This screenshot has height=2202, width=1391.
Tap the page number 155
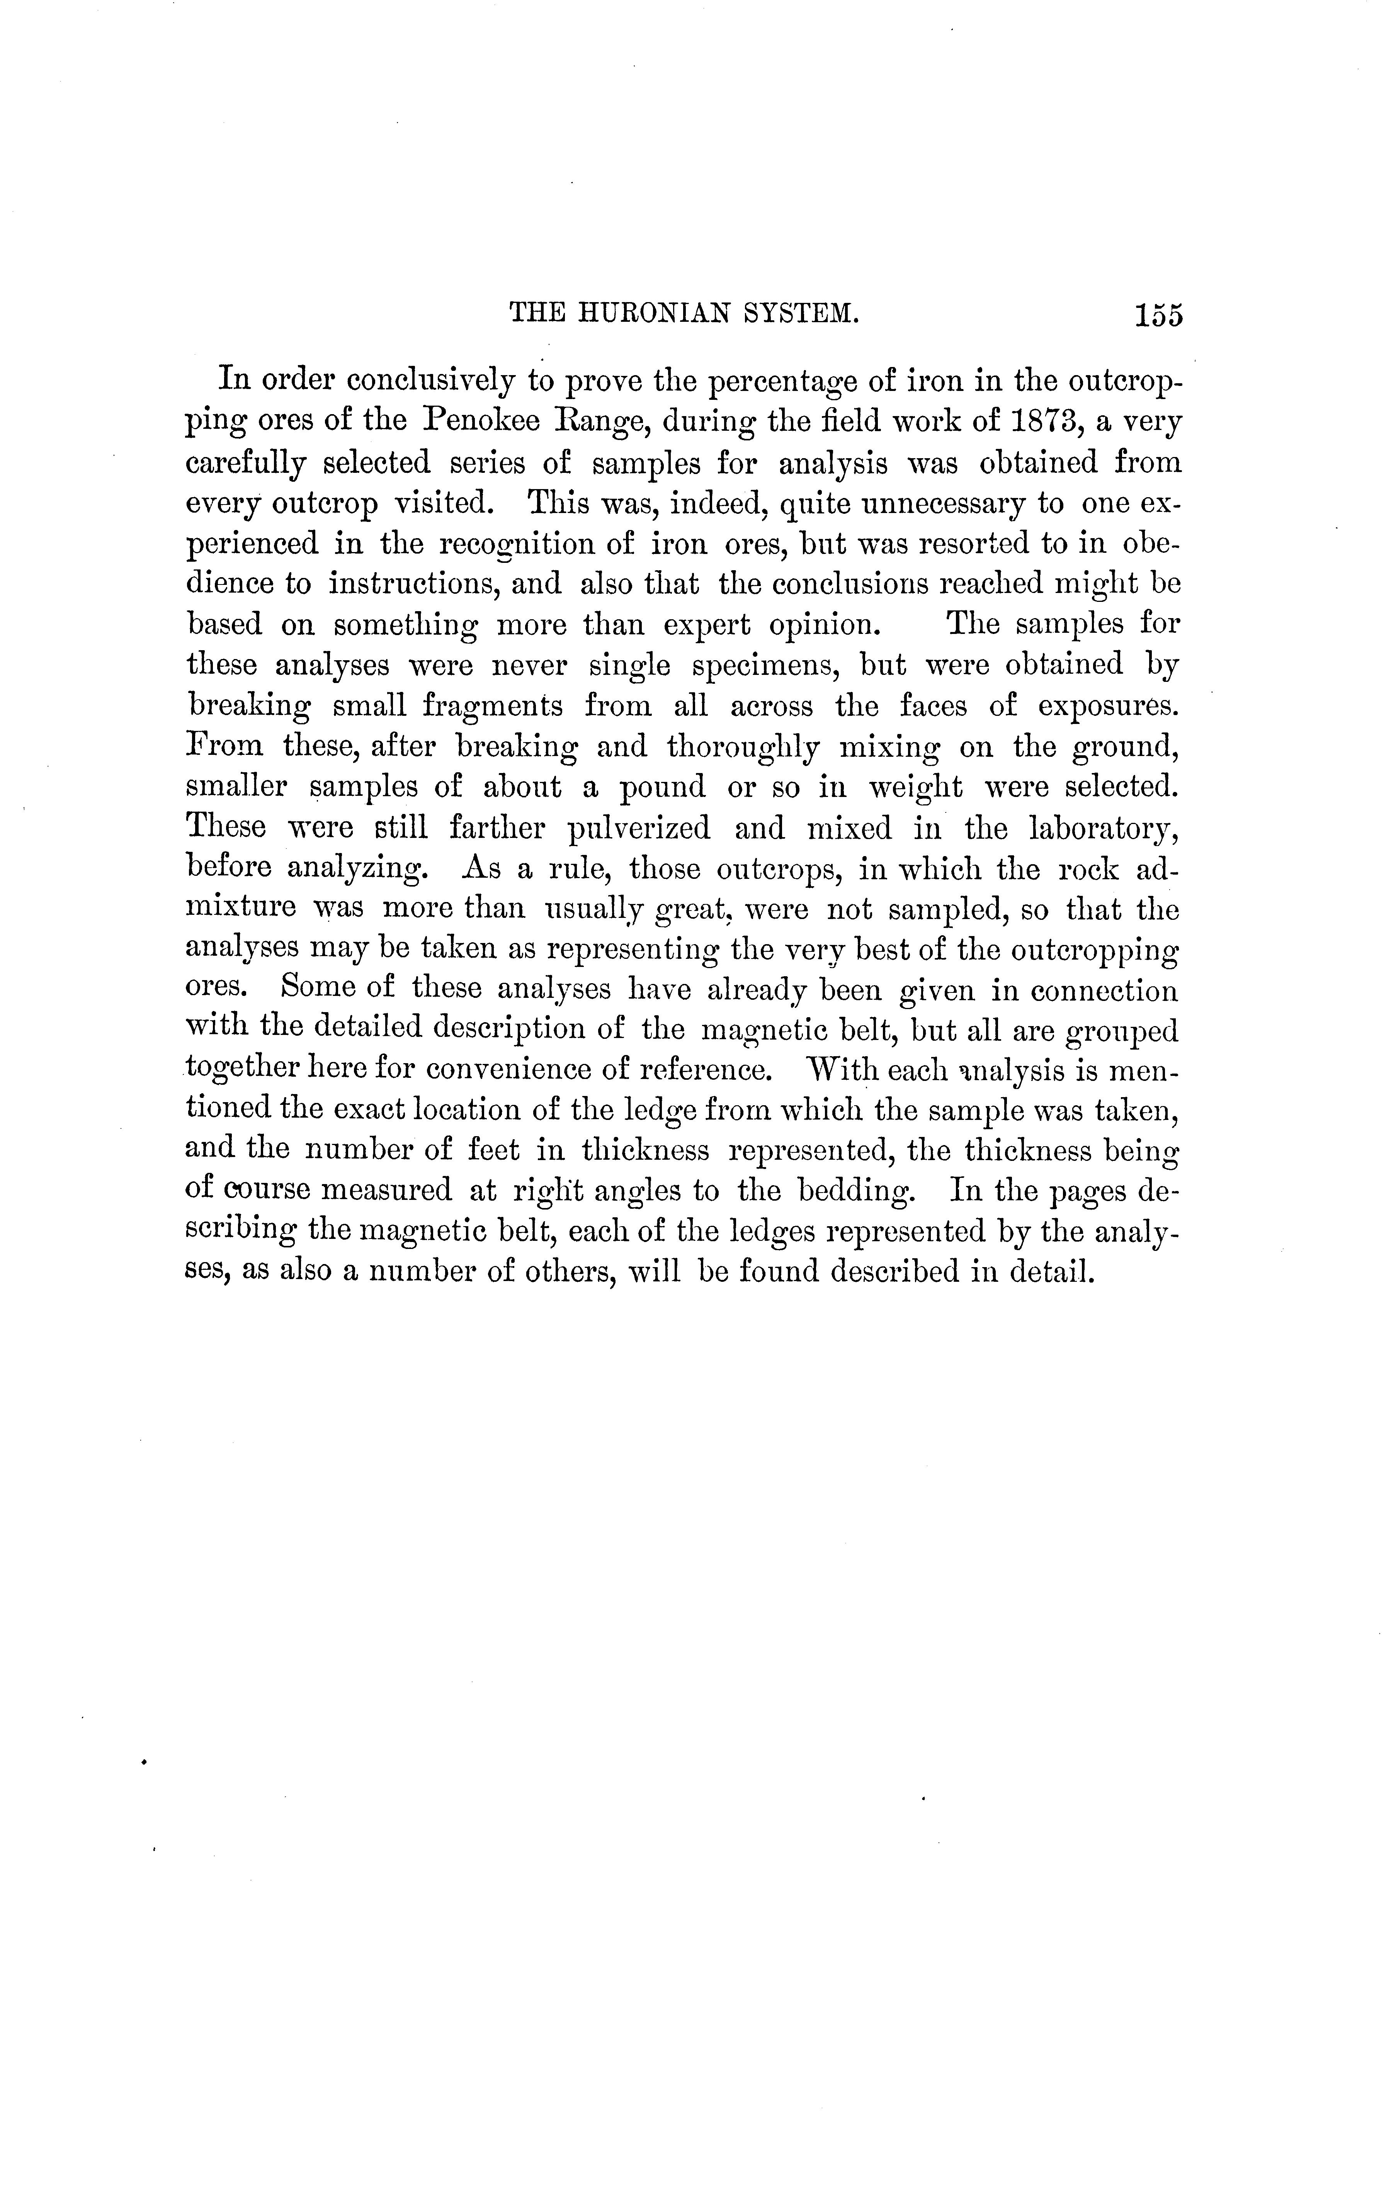1158,316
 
